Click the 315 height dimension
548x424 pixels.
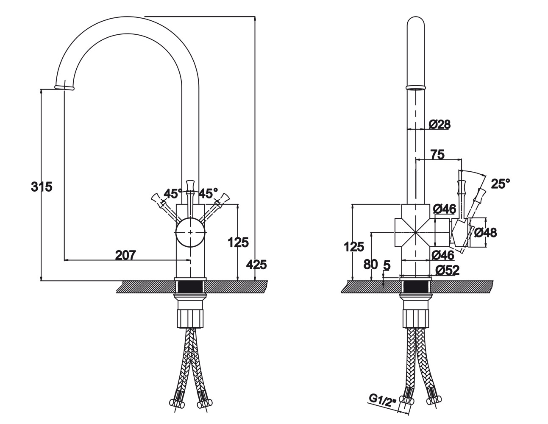(42, 186)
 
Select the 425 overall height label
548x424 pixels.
(257, 265)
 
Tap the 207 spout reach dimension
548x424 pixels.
(125, 255)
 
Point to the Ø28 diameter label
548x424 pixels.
(440, 124)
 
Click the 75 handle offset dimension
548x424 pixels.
(437, 155)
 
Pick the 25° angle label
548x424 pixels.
(500, 184)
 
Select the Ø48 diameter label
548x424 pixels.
(485, 232)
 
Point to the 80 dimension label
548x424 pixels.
(370, 264)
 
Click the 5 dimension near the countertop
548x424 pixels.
(387, 265)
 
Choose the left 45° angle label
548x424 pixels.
(172, 194)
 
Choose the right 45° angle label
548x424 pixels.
(208, 194)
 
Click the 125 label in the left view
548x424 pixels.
(238, 243)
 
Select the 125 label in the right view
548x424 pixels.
(354, 246)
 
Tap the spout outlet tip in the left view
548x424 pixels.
(64, 87)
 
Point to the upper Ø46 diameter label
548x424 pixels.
(444, 209)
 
